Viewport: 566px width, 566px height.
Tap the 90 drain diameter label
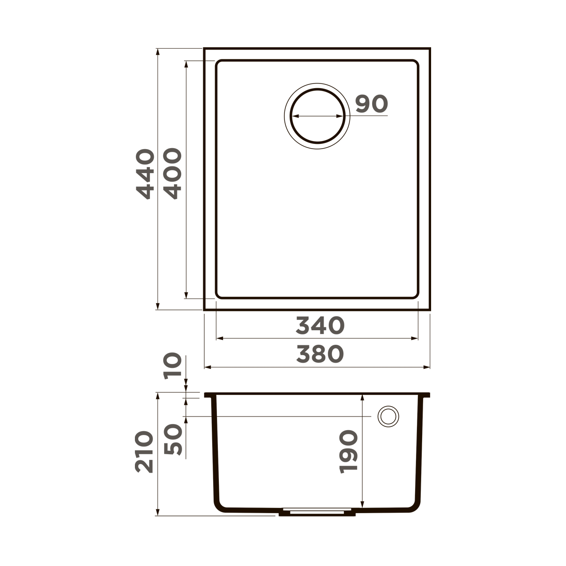(371, 104)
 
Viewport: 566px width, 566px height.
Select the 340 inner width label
(320, 325)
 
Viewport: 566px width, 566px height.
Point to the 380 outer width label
(320, 354)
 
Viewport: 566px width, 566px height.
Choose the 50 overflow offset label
(172, 439)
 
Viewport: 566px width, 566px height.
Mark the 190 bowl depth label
(349, 451)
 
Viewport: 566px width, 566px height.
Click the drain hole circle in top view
(316, 116)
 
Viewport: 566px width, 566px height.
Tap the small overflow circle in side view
(388, 416)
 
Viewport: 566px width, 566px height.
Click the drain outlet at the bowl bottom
(316, 512)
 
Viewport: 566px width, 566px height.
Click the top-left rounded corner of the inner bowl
(219, 63)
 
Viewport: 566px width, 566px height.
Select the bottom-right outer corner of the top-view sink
(430, 310)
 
